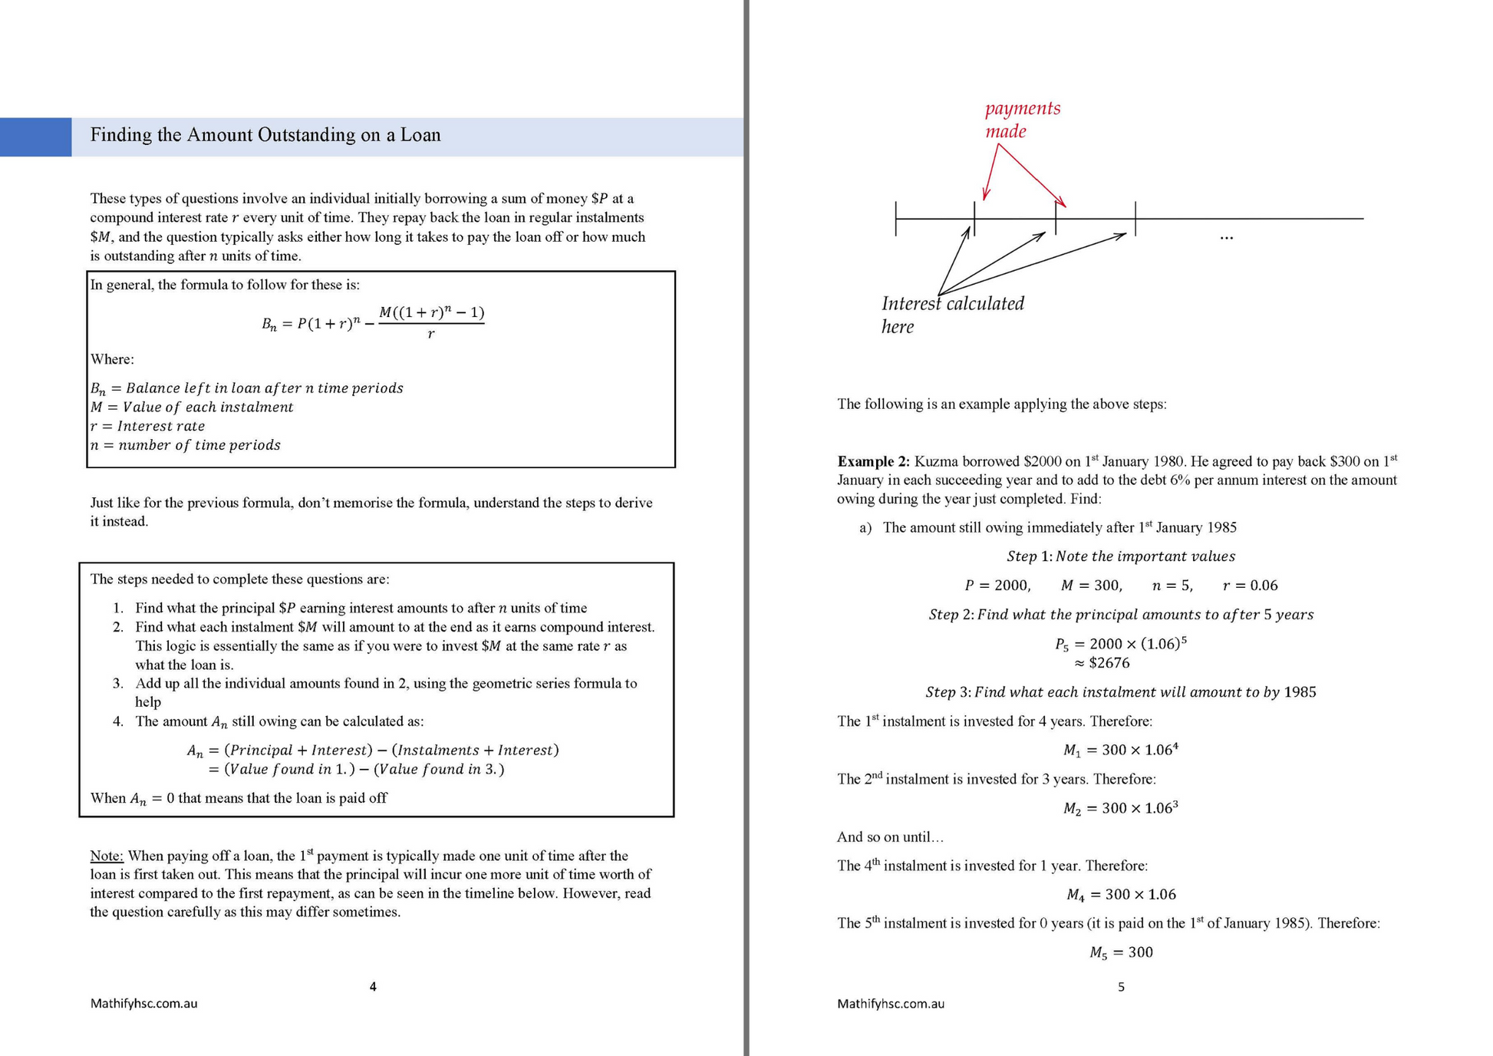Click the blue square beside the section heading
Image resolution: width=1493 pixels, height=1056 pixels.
35,137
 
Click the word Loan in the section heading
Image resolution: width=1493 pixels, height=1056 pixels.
420,135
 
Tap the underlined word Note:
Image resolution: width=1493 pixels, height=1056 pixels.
107,856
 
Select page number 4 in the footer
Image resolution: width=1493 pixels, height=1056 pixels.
373,987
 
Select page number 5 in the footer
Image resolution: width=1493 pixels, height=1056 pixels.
1121,987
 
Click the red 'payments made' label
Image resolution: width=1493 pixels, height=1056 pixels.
1022,120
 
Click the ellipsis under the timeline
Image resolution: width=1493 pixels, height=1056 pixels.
1226,238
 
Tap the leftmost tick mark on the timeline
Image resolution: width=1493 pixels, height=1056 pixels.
896,219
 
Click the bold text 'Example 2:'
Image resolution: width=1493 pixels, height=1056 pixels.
873,462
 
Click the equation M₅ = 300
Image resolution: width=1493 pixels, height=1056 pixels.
1121,952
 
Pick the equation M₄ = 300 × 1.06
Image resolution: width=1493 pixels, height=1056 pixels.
1121,895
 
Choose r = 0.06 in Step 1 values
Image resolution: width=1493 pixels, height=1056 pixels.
1250,586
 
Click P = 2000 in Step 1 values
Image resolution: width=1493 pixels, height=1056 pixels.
997,586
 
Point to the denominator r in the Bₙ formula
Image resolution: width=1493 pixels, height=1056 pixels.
431,334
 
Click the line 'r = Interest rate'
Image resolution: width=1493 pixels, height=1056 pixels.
148,427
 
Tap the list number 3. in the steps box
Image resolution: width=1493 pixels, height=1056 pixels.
118,684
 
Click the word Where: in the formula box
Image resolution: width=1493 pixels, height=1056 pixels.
112,359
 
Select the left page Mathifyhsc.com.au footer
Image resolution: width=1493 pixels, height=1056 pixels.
143,1004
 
